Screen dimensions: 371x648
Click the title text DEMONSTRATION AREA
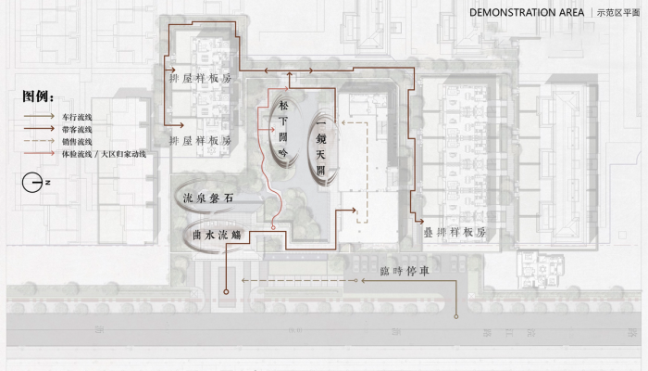(x=526, y=13)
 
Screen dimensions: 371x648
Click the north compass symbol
(x=34, y=183)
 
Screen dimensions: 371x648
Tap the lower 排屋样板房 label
(x=200, y=141)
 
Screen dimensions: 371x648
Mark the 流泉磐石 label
(x=209, y=198)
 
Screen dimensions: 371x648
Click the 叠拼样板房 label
(x=455, y=233)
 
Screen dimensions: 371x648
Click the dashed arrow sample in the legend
(x=39, y=142)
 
